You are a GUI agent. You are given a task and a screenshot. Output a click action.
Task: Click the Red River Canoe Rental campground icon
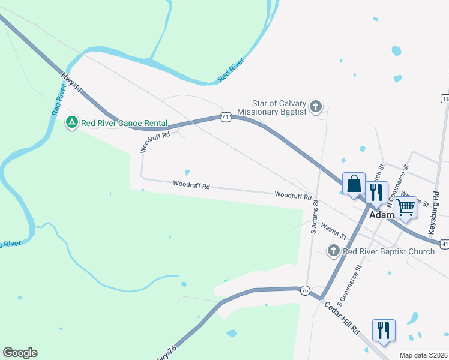click(71, 122)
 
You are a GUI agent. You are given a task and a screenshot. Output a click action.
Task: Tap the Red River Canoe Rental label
click(124, 123)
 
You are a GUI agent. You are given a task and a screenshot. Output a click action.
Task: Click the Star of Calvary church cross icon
click(316, 107)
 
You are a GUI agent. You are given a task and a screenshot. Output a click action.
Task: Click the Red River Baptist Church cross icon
click(334, 251)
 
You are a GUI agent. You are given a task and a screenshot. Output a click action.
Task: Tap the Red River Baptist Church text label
click(388, 251)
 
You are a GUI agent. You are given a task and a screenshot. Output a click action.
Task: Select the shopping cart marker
click(406, 207)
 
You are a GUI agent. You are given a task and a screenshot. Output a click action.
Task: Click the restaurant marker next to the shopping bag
click(376, 192)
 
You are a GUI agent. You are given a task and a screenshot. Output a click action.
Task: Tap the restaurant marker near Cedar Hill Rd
click(384, 330)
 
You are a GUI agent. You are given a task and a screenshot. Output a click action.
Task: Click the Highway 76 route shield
click(306, 290)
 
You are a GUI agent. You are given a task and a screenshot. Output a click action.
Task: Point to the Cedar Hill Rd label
click(342, 322)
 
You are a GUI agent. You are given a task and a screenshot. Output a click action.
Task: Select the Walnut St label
click(333, 232)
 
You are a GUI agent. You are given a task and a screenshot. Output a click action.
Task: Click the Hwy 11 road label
click(71, 82)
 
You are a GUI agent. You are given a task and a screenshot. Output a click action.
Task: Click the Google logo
click(20, 353)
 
